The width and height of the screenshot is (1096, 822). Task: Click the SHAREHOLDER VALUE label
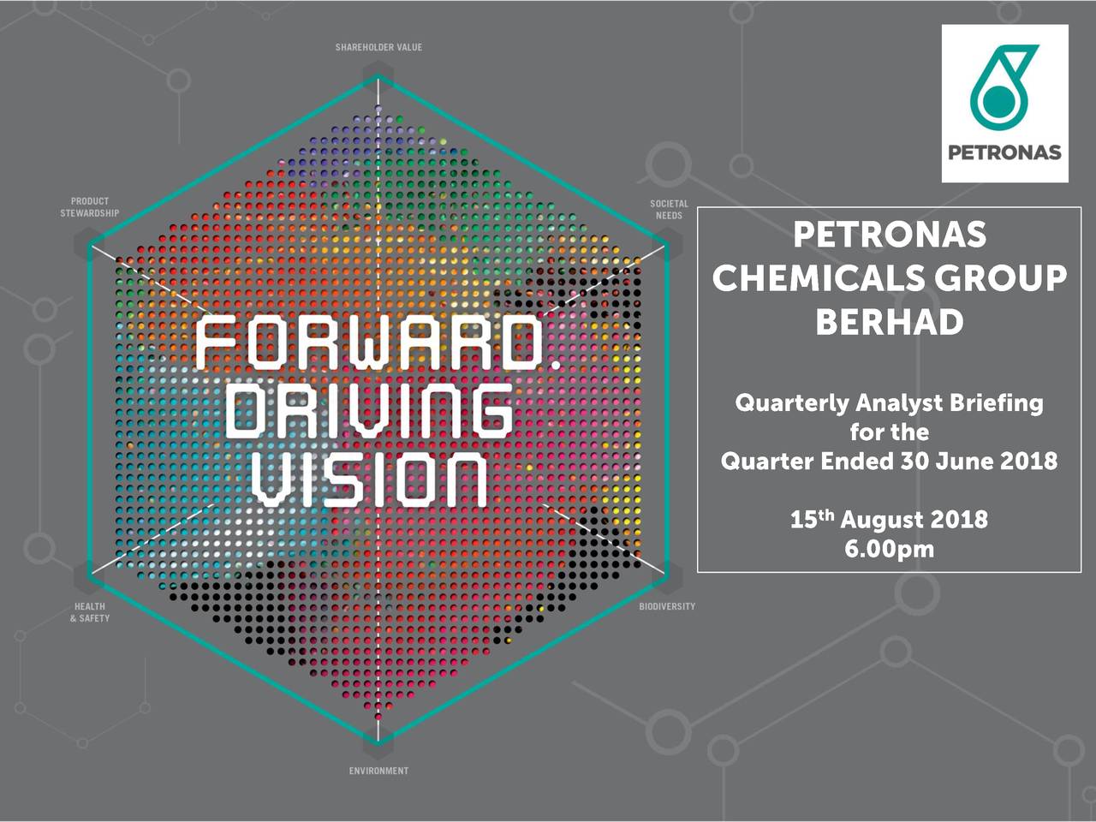[378, 47]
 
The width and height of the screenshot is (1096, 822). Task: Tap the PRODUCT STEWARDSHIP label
[90, 207]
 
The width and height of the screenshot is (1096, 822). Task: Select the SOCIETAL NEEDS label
[669, 210]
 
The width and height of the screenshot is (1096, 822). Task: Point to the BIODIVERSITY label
[667, 606]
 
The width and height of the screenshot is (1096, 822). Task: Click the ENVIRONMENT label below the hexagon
[378, 771]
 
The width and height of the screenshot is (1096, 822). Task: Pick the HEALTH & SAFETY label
[90, 612]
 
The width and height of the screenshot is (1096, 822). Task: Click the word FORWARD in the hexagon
[368, 344]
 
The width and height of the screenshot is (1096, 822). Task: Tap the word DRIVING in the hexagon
[370, 412]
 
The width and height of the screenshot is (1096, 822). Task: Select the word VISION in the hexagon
[370, 480]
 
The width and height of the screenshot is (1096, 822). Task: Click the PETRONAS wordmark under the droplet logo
[1004, 152]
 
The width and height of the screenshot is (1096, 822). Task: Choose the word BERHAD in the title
[890, 322]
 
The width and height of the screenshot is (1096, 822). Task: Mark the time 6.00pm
[890, 550]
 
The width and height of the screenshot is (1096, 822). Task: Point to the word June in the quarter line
[965, 461]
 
